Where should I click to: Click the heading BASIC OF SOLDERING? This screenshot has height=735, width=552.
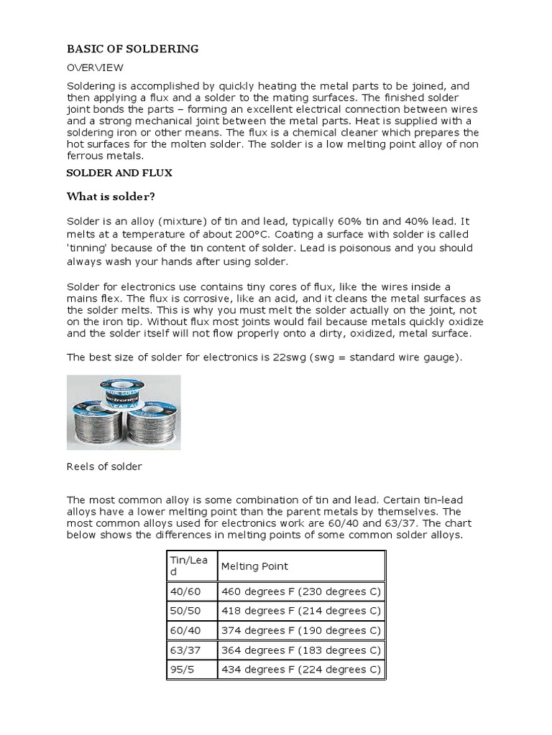pyautogui.click(x=132, y=49)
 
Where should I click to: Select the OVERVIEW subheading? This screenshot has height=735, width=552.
pyautogui.click(x=95, y=67)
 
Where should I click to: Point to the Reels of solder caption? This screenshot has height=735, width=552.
pyautogui.click(x=104, y=467)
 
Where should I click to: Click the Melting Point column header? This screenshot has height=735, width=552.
pyautogui.click(x=254, y=566)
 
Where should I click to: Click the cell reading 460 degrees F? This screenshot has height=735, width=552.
pyautogui.click(x=300, y=592)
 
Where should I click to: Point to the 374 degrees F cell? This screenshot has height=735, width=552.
pyautogui.click(x=300, y=631)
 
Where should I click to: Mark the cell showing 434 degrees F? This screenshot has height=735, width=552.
pyautogui.click(x=300, y=670)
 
